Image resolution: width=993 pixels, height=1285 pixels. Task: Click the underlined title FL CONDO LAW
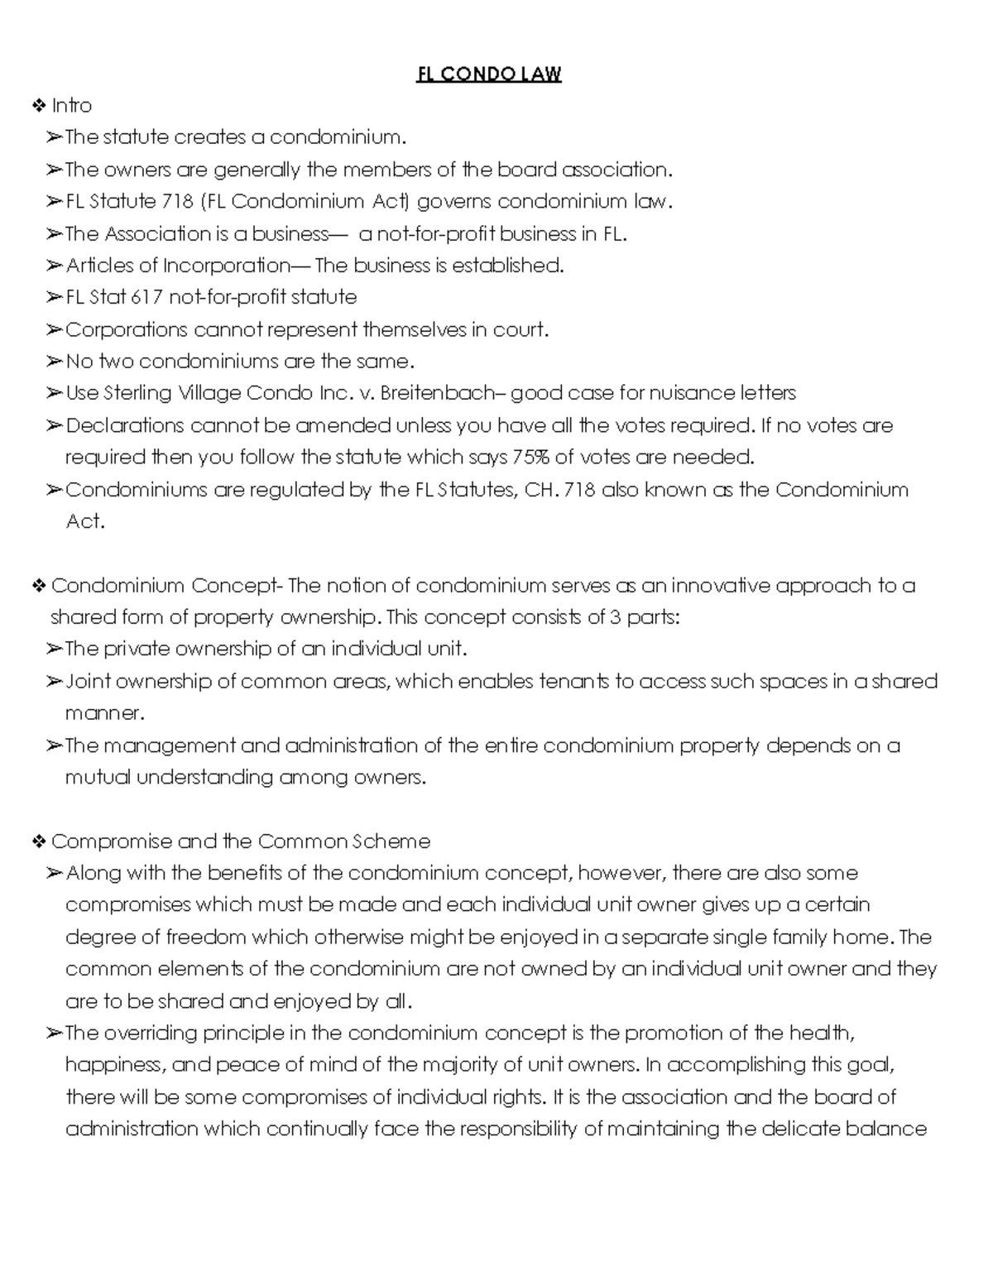click(488, 74)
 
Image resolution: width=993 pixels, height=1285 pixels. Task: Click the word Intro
click(72, 106)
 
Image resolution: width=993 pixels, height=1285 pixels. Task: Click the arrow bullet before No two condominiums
click(54, 362)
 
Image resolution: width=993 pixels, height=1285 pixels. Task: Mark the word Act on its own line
click(84, 521)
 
